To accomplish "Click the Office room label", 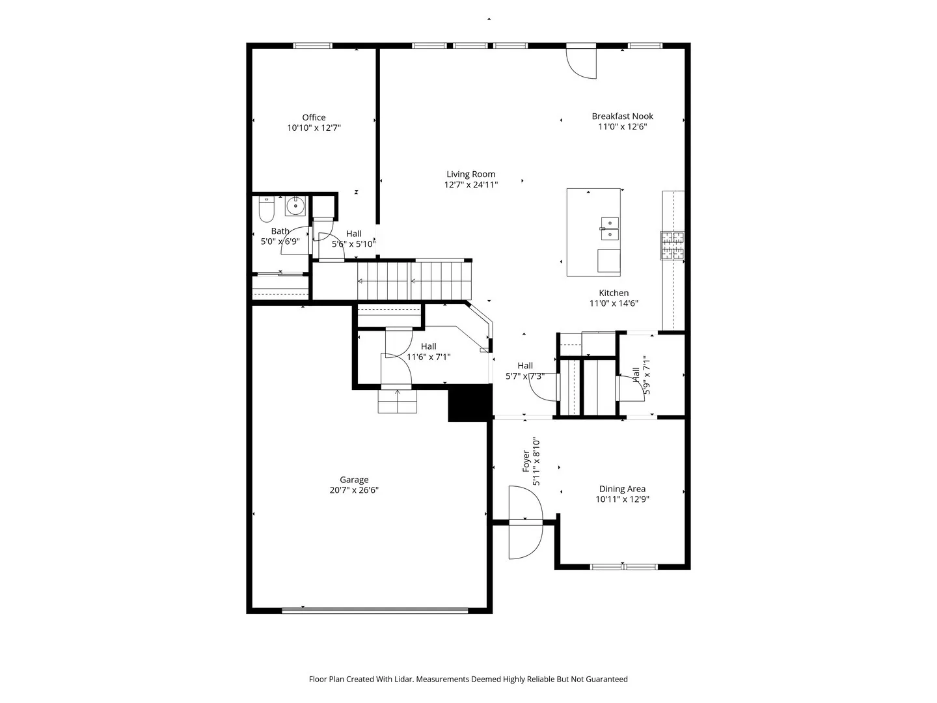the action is pyautogui.click(x=314, y=117).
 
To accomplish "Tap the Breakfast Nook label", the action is pyautogui.click(x=623, y=116).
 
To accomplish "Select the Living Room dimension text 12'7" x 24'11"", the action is pyautogui.click(x=471, y=185).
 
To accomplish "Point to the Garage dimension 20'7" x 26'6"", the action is pyautogui.click(x=354, y=490).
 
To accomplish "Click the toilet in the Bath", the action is pyautogui.click(x=266, y=209).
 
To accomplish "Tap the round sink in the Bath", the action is pyautogui.click(x=295, y=206).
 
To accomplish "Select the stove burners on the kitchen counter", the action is pyautogui.click(x=672, y=245).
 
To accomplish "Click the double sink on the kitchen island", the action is pyautogui.click(x=609, y=228).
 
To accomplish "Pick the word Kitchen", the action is pyautogui.click(x=614, y=293).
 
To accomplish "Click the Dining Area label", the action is pyautogui.click(x=622, y=489).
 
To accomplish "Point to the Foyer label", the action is pyautogui.click(x=526, y=462).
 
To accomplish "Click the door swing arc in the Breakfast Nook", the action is pyautogui.click(x=580, y=63).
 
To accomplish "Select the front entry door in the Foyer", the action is pyautogui.click(x=526, y=522).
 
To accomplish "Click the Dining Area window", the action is pyautogui.click(x=623, y=567).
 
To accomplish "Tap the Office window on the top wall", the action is pyautogui.click(x=312, y=46).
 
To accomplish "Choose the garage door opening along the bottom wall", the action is pyautogui.click(x=375, y=611).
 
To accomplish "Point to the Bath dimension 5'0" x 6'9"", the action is pyautogui.click(x=280, y=241).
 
